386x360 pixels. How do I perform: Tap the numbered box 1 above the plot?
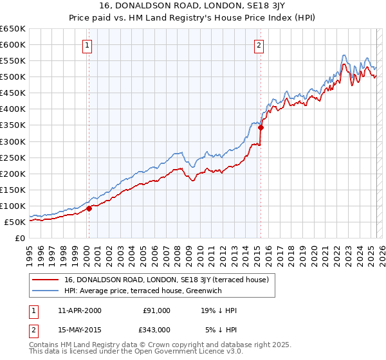tap(86, 45)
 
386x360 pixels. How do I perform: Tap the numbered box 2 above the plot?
tap(258, 45)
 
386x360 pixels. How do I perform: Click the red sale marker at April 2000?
tap(89, 208)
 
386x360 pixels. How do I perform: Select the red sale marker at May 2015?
tap(261, 127)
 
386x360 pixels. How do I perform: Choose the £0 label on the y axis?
tap(20, 238)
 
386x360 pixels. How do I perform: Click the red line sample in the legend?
tap(46, 280)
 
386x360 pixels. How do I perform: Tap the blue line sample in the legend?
tap(46, 290)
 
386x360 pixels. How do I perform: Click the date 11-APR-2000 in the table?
tap(79, 310)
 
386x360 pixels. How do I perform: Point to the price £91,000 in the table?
tap(156, 310)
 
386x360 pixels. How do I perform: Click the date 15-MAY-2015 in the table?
tap(80, 330)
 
